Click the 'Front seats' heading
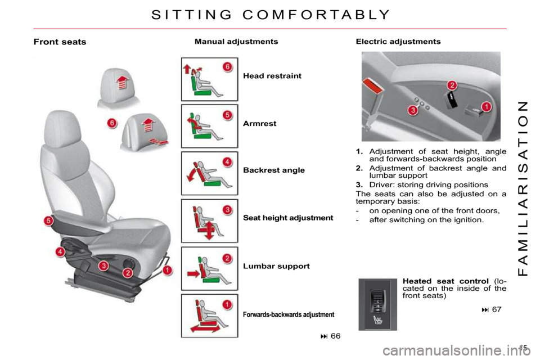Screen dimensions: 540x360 point(60,42)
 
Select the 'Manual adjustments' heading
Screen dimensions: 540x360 point(236,42)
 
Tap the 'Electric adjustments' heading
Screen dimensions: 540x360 point(398,42)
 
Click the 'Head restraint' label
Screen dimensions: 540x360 point(272,76)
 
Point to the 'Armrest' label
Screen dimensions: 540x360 point(260,123)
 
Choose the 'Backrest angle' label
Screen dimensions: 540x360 point(274,170)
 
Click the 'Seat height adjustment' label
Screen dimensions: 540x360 point(288,218)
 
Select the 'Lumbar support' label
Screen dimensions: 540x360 point(276,266)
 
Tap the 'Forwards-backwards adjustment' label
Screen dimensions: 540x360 point(289,314)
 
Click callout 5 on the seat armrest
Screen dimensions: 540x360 point(48,220)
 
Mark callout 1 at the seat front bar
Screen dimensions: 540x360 point(168,270)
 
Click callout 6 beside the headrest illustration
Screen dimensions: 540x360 point(112,123)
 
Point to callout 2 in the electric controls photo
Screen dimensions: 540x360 point(452,85)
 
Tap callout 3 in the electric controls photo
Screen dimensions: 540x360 point(412,110)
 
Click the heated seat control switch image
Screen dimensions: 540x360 point(378,304)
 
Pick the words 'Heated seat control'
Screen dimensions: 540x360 point(445,281)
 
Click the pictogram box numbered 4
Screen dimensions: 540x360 point(209,173)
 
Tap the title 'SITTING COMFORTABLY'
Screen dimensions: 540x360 point(271,15)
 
